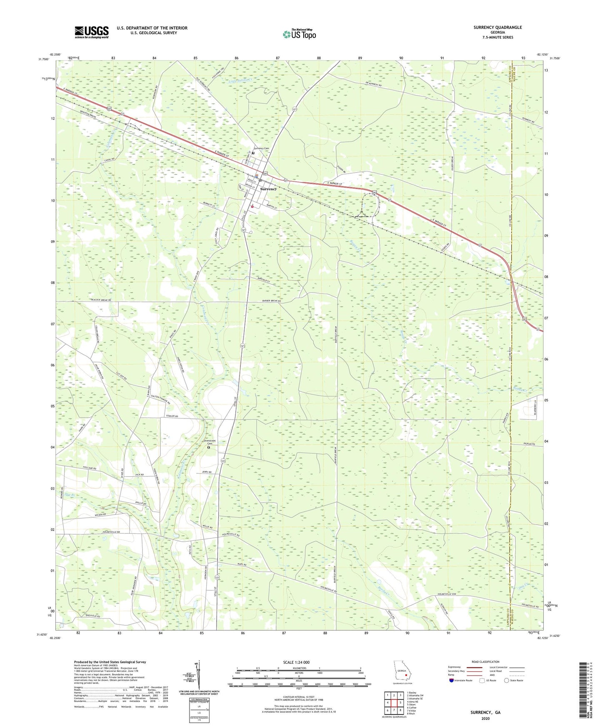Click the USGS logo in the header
click(x=92, y=32)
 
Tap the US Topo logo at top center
click(x=299, y=34)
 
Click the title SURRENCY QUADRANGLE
click(x=497, y=27)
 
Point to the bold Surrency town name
click(x=268, y=189)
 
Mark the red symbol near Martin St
click(x=252, y=206)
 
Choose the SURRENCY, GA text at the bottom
click(x=485, y=712)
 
